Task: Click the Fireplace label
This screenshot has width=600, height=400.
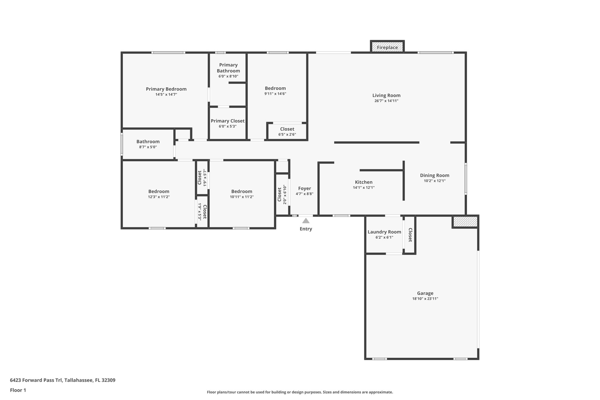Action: (x=387, y=47)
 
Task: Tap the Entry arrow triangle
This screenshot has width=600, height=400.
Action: (x=306, y=221)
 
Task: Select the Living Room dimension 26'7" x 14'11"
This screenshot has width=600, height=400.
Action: (x=386, y=101)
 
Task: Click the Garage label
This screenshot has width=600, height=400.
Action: (x=425, y=293)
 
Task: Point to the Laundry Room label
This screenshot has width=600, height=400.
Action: (x=384, y=232)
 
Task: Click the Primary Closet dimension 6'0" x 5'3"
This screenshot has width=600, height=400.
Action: (x=227, y=127)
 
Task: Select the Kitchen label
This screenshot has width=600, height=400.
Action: (x=364, y=182)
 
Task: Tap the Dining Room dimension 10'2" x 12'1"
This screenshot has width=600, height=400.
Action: (x=434, y=181)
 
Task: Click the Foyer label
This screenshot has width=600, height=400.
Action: (x=304, y=188)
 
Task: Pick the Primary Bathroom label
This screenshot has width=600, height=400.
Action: (x=228, y=68)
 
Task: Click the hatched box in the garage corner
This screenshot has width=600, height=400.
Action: (x=465, y=222)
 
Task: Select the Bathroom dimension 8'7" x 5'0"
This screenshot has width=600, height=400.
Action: (x=148, y=147)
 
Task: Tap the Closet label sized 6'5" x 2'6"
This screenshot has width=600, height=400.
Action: (x=287, y=129)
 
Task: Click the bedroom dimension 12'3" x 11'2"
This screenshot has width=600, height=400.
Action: (x=158, y=197)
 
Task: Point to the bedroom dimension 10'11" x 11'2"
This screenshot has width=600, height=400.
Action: (x=241, y=197)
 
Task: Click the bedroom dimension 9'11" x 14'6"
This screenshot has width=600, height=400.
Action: (x=275, y=94)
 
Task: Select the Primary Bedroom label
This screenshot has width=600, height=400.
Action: (x=166, y=89)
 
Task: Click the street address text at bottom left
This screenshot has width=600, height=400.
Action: (x=62, y=380)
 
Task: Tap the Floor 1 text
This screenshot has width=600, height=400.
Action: (x=18, y=390)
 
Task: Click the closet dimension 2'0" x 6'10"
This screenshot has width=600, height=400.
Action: (x=284, y=194)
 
